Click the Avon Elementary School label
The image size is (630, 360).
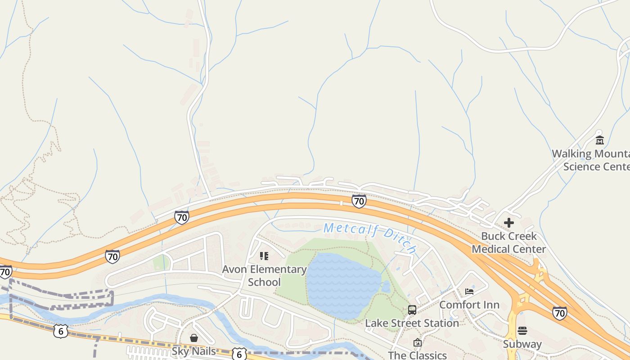[x=264, y=276]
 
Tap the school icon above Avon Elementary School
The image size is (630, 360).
[x=264, y=256]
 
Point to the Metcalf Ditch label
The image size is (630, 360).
[x=370, y=236]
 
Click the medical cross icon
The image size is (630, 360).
[x=508, y=223]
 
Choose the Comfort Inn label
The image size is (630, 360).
[x=469, y=305]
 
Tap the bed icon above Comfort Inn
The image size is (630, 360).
[x=469, y=292]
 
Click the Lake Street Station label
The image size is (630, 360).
[x=412, y=323]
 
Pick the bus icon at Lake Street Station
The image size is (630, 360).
[x=412, y=310]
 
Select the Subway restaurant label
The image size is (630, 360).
[x=522, y=344]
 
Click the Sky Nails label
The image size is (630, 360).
[x=194, y=351]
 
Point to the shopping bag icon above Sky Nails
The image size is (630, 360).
[x=194, y=338]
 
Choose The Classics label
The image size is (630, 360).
[x=417, y=355]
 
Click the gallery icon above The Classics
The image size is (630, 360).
[x=417, y=342]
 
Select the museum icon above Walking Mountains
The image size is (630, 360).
[x=599, y=140]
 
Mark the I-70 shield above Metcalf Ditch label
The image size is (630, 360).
[x=359, y=201]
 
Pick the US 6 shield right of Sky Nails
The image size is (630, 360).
[x=239, y=354]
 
